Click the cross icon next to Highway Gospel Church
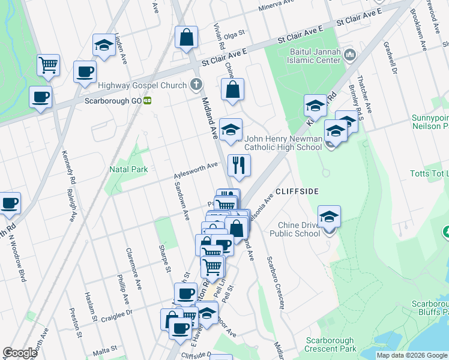tap(195, 85)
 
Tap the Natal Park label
tap(128, 169)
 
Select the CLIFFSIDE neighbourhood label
tap(296, 191)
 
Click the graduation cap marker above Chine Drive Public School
tap(329, 217)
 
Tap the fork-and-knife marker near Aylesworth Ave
tap(239, 165)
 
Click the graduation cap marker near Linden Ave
tap(104, 45)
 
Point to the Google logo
tap(20, 353)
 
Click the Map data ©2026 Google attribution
tap(411, 355)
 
